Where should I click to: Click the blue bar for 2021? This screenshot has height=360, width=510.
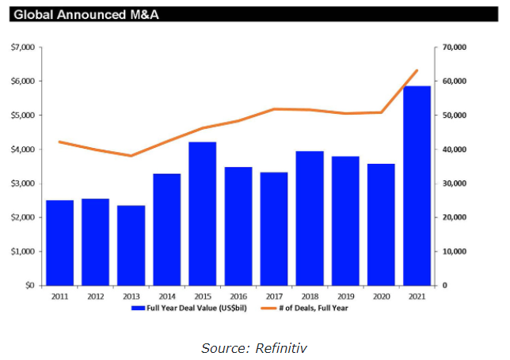[x=417, y=185]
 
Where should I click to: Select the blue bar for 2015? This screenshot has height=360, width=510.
[x=202, y=213]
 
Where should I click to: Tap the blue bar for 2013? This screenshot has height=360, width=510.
[x=131, y=244]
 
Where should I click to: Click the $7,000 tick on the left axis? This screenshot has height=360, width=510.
[x=23, y=47]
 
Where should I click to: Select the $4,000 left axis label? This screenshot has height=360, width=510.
[x=23, y=150]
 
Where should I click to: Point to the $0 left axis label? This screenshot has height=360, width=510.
[x=29, y=286]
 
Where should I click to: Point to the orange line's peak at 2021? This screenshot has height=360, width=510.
[x=417, y=70]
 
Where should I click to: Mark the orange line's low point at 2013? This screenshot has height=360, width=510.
[x=131, y=156]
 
